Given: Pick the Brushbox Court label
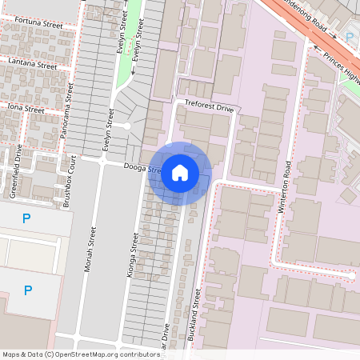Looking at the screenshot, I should pyautogui.click(x=69, y=182).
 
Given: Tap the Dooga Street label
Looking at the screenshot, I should pyautogui.click(x=136, y=167).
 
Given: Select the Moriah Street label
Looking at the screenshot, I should pyautogui.click(x=90, y=248).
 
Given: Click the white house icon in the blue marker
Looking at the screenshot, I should pyautogui.click(x=180, y=173).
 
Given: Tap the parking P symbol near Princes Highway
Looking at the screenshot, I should pyautogui.click(x=350, y=36).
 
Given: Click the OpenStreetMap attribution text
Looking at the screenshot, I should pyautogui.click(x=81, y=354).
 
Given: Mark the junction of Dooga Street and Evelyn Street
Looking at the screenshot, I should pyautogui.click(x=102, y=161).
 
